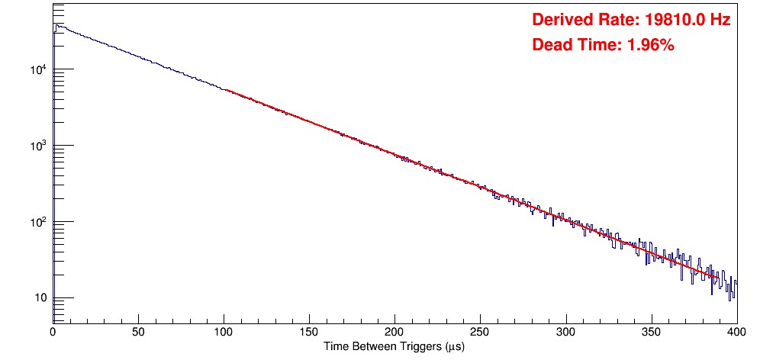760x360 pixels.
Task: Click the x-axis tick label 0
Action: click(53, 333)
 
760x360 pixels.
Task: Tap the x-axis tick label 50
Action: click(138, 333)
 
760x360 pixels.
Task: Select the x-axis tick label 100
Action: click(224, 333)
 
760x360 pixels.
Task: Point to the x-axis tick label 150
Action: click(309, 333)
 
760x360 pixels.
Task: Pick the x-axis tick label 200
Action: click(394, 333)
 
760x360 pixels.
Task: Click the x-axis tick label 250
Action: click(480, 333)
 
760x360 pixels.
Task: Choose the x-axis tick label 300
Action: click(565, 333)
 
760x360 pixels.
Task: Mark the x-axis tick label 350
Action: click(651, 333)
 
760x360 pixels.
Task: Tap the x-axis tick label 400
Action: click(736, 333)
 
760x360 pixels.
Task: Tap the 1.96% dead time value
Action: click(650, 45)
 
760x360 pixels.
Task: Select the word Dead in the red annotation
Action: click(550, 45)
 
